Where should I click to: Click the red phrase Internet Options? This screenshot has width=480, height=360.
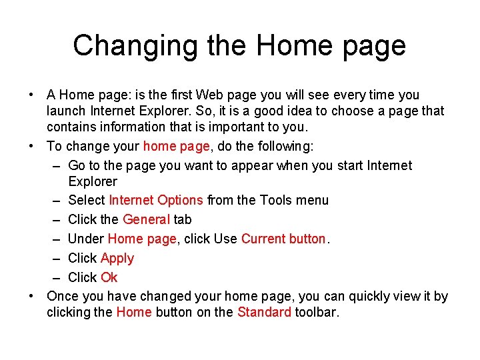tap(156, 200)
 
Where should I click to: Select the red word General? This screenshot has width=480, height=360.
tap(147, 219)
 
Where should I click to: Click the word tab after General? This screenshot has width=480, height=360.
tap(183, 219)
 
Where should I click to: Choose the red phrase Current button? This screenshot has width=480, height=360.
tap(283, 239)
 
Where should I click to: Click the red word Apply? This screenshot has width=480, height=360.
tap(117, 259)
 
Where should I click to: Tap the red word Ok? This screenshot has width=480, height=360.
tap(109, 277)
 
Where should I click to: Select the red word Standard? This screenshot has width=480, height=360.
tap(264, 312)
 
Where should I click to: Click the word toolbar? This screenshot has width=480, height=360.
tap(317, 312)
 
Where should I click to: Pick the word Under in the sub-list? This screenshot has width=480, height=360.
tap(86, 239)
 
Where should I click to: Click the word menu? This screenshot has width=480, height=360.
tap(312, 200)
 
